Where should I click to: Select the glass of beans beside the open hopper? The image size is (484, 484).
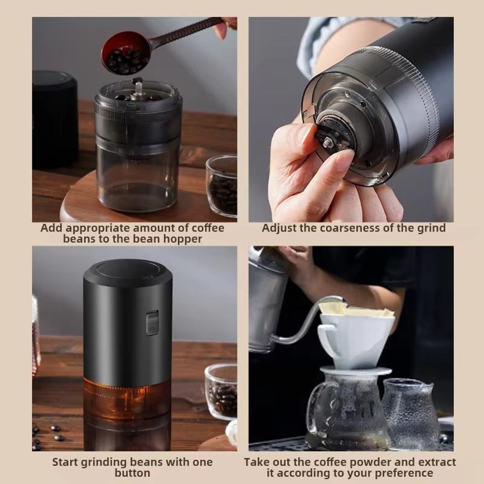pos(222,186)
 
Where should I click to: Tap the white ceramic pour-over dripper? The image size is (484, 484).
pos(353,339)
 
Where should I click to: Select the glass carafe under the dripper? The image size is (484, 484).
pos(348,411)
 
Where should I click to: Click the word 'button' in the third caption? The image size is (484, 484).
pos(132,473)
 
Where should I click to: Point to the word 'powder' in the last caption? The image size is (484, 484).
pos(354,462)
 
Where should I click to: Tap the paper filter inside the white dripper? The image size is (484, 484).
pos(358,310)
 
